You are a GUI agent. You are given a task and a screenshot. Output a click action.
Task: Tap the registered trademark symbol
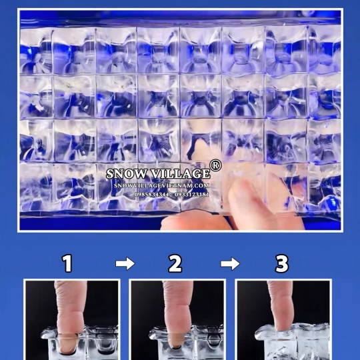point(215,165)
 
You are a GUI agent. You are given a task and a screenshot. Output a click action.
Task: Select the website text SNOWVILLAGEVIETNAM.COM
point(161,185)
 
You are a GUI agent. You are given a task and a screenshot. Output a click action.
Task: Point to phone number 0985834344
point(151,195)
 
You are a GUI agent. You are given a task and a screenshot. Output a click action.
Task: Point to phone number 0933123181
point(192,195)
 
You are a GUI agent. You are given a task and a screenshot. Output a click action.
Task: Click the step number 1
point(67,263)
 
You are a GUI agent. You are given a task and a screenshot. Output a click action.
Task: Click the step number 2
point(175,263)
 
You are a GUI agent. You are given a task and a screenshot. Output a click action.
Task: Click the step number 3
point(282,263)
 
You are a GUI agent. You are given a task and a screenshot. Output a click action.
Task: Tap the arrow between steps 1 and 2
point(125,263)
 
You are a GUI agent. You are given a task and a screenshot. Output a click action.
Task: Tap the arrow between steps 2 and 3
point(230,263)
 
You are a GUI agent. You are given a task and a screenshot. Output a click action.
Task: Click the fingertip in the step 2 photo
point(176,341)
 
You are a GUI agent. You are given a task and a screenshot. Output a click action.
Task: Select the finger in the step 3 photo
point(281,305)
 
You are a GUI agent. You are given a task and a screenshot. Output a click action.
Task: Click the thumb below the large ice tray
point(195,220)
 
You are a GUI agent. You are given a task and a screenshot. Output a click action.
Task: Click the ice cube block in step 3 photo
point(293,342)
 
